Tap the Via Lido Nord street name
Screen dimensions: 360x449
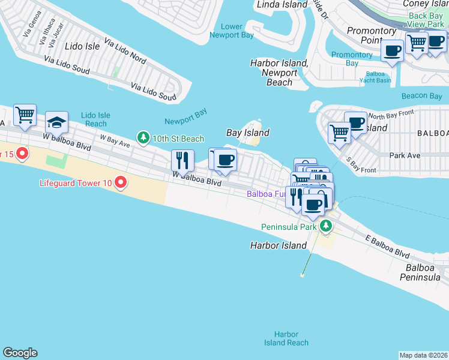point(125,51)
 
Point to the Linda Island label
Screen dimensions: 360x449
point(282,5)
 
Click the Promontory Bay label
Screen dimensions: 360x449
point(352,59)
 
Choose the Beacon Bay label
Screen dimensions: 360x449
point(421,96)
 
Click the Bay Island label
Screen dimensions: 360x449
point(247,133)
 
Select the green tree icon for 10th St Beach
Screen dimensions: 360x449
point(143,139)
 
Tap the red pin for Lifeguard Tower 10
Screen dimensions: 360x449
point(120,181)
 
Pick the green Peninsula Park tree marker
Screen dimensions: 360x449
point(325,226)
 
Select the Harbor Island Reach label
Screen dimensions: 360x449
point(286,338)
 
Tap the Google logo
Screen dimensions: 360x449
point(20,353)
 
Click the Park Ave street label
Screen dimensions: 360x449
point(404,155)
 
